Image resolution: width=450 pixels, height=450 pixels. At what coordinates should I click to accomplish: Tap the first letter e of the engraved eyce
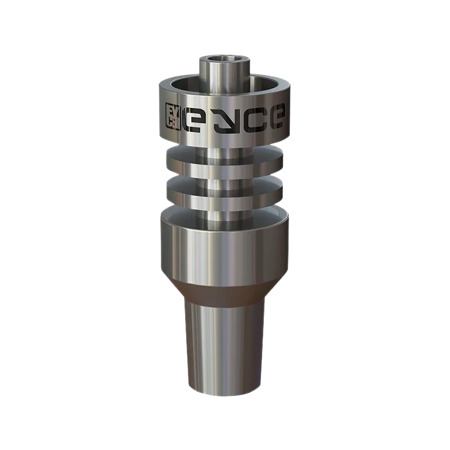click(192, 120)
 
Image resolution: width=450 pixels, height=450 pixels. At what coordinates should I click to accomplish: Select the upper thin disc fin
click(224, 159)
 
